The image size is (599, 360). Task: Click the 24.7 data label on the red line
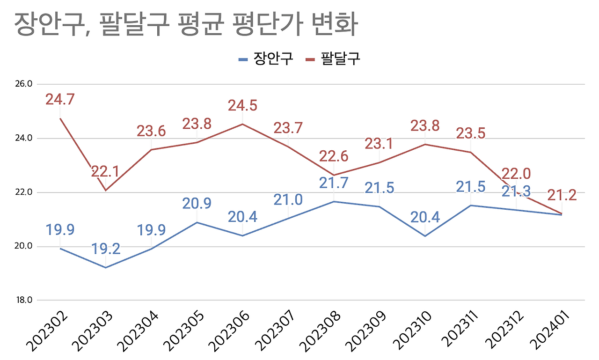[x=60, y=99]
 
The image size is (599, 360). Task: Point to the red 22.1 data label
[x=105, y=171]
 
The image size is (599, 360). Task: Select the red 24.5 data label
[x=242, y=105]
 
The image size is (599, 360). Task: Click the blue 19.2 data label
[x=106, y=249]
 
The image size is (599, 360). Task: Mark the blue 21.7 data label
[x=334, y=183]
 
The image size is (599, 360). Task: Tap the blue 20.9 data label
[x=197, y=204]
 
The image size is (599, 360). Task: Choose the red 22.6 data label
[x=334, y=155]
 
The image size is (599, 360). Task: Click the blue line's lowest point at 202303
[x=106, y=268]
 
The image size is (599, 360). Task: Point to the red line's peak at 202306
[x=242, y=124]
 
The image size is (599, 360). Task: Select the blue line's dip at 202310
[x=425, y=236]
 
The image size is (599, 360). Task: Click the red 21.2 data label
[x=562, y=195]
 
